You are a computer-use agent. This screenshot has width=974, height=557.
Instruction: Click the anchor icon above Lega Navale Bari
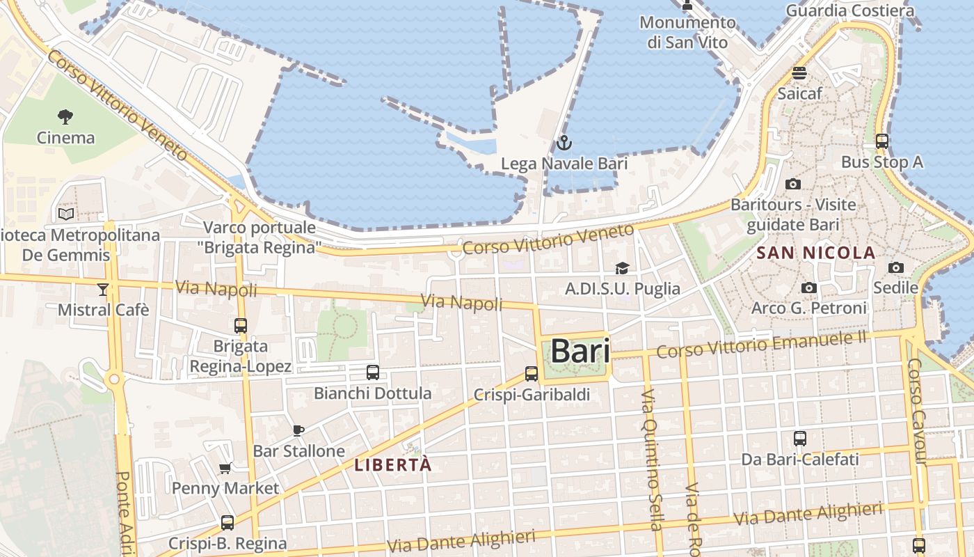(564, 143)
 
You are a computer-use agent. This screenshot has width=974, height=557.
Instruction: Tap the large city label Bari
(580, 351)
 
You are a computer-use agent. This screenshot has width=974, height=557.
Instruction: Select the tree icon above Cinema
(65, 116)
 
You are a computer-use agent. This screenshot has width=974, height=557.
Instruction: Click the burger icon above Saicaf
(799, 73)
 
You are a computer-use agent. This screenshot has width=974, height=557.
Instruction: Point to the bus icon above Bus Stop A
(881, 141)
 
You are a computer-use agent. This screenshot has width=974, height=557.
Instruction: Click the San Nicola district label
(815, 253)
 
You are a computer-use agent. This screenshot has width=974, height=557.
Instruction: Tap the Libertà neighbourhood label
(393, 465)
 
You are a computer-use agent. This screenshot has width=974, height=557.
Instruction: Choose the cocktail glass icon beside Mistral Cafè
(103, 290)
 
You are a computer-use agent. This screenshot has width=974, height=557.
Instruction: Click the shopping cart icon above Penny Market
(225, 469)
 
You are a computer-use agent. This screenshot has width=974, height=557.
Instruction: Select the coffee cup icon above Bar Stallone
(298, 431)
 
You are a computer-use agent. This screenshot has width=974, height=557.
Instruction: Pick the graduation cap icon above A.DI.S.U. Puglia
(622, 269)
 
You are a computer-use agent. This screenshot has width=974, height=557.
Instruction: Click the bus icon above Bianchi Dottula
(373, 372)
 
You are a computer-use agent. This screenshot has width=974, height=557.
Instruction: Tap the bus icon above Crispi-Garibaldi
(532, 374)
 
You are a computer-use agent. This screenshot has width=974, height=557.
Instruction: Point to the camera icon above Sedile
(895, 267)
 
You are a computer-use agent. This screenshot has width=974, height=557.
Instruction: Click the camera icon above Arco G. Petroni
(808, 288)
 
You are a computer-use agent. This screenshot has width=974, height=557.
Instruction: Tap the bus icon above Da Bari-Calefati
(800, 439)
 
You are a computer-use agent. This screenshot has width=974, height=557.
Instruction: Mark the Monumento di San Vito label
(687, 32)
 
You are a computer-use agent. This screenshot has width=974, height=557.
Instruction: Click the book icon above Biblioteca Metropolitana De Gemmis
(66, 214)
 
